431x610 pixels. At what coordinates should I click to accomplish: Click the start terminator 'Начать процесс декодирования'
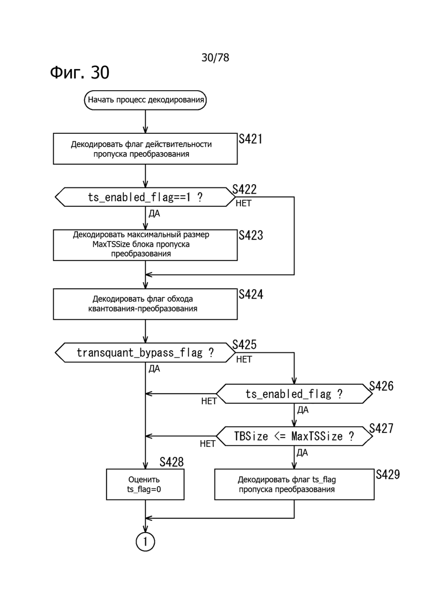(x=145, y=100)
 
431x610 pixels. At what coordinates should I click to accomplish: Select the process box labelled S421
(x=145, y=149)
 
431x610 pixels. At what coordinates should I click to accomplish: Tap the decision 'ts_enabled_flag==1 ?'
(x=145, y=197)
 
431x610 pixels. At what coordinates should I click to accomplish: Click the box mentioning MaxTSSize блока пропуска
(x=145, y=244)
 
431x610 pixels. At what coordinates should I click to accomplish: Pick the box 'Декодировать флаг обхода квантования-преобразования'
(x=145, y=304)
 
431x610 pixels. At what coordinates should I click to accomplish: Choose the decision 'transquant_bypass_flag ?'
(x=145, y=352)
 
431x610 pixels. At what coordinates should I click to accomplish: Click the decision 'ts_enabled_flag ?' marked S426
(x=294, y=394)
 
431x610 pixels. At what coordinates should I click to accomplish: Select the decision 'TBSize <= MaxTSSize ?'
(x=294, y=436)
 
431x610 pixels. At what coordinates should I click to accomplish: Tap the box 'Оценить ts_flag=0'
(x=145, y=484)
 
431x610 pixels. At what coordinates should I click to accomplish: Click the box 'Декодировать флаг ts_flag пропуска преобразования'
(x=294, y=484)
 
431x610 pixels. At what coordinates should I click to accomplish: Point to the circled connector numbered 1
(x=145, y=541)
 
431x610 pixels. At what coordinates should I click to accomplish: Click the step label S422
(x=244, y=190)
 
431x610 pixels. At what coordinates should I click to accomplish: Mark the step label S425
(x=244, y=345)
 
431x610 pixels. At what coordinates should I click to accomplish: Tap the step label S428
(x=171, y=462)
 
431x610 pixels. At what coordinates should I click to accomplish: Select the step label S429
(x=387, y=474)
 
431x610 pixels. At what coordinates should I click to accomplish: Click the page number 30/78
(x=215, y=58)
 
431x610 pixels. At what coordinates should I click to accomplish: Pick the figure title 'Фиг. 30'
(x=80, y=72)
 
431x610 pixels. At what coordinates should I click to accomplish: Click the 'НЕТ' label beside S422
(x=243, y=204)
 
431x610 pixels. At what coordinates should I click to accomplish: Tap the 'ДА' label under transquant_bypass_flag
(x=154, y=368)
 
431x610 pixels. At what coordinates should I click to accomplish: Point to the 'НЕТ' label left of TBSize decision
(x=208, y=444)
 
